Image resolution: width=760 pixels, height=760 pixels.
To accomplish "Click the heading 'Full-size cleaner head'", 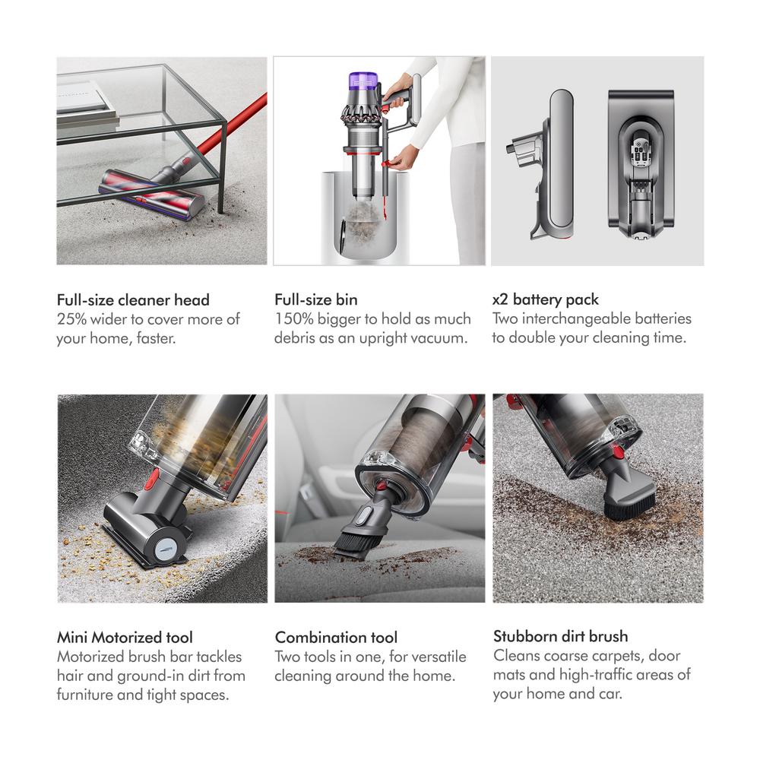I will [x=133, y=299].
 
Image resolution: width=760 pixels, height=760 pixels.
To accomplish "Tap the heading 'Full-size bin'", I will [x=316, y=299].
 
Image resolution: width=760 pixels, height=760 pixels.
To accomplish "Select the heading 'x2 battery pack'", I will [x=546, y=299].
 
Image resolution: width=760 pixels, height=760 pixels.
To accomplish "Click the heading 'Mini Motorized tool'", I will [x=125, y=637].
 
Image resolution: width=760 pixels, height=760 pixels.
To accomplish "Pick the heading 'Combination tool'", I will [x=336, y=637].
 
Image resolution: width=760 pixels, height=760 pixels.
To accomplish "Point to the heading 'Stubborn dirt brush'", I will [x=561, y=636].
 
